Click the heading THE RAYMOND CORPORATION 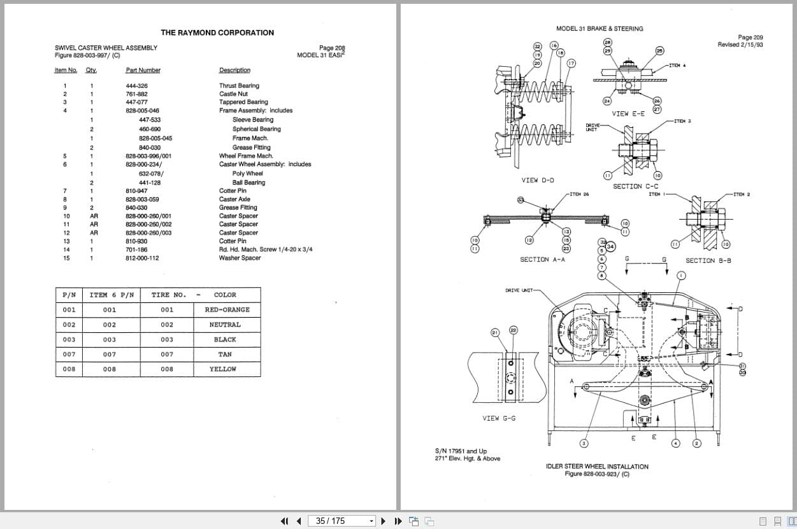[x=217, y=32]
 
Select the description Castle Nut [x=233, y=94]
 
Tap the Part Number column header [x=143, y=70]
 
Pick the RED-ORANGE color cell [x=227, y=310]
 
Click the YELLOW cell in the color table [x=223, y=369]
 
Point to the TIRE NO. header [x=169, y=295]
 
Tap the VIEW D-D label [x=538, y=180]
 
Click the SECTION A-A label [x=542, y=260]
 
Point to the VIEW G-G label [x=499, y=418]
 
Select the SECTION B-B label [x=708, y=260]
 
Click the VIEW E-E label [x=628, y=114]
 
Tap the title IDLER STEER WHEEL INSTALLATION [x=597, y=467]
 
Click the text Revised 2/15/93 [x=740, y=45]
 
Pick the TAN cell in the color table [x=224, y=355]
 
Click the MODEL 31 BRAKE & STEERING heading [x=600, y=29]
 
